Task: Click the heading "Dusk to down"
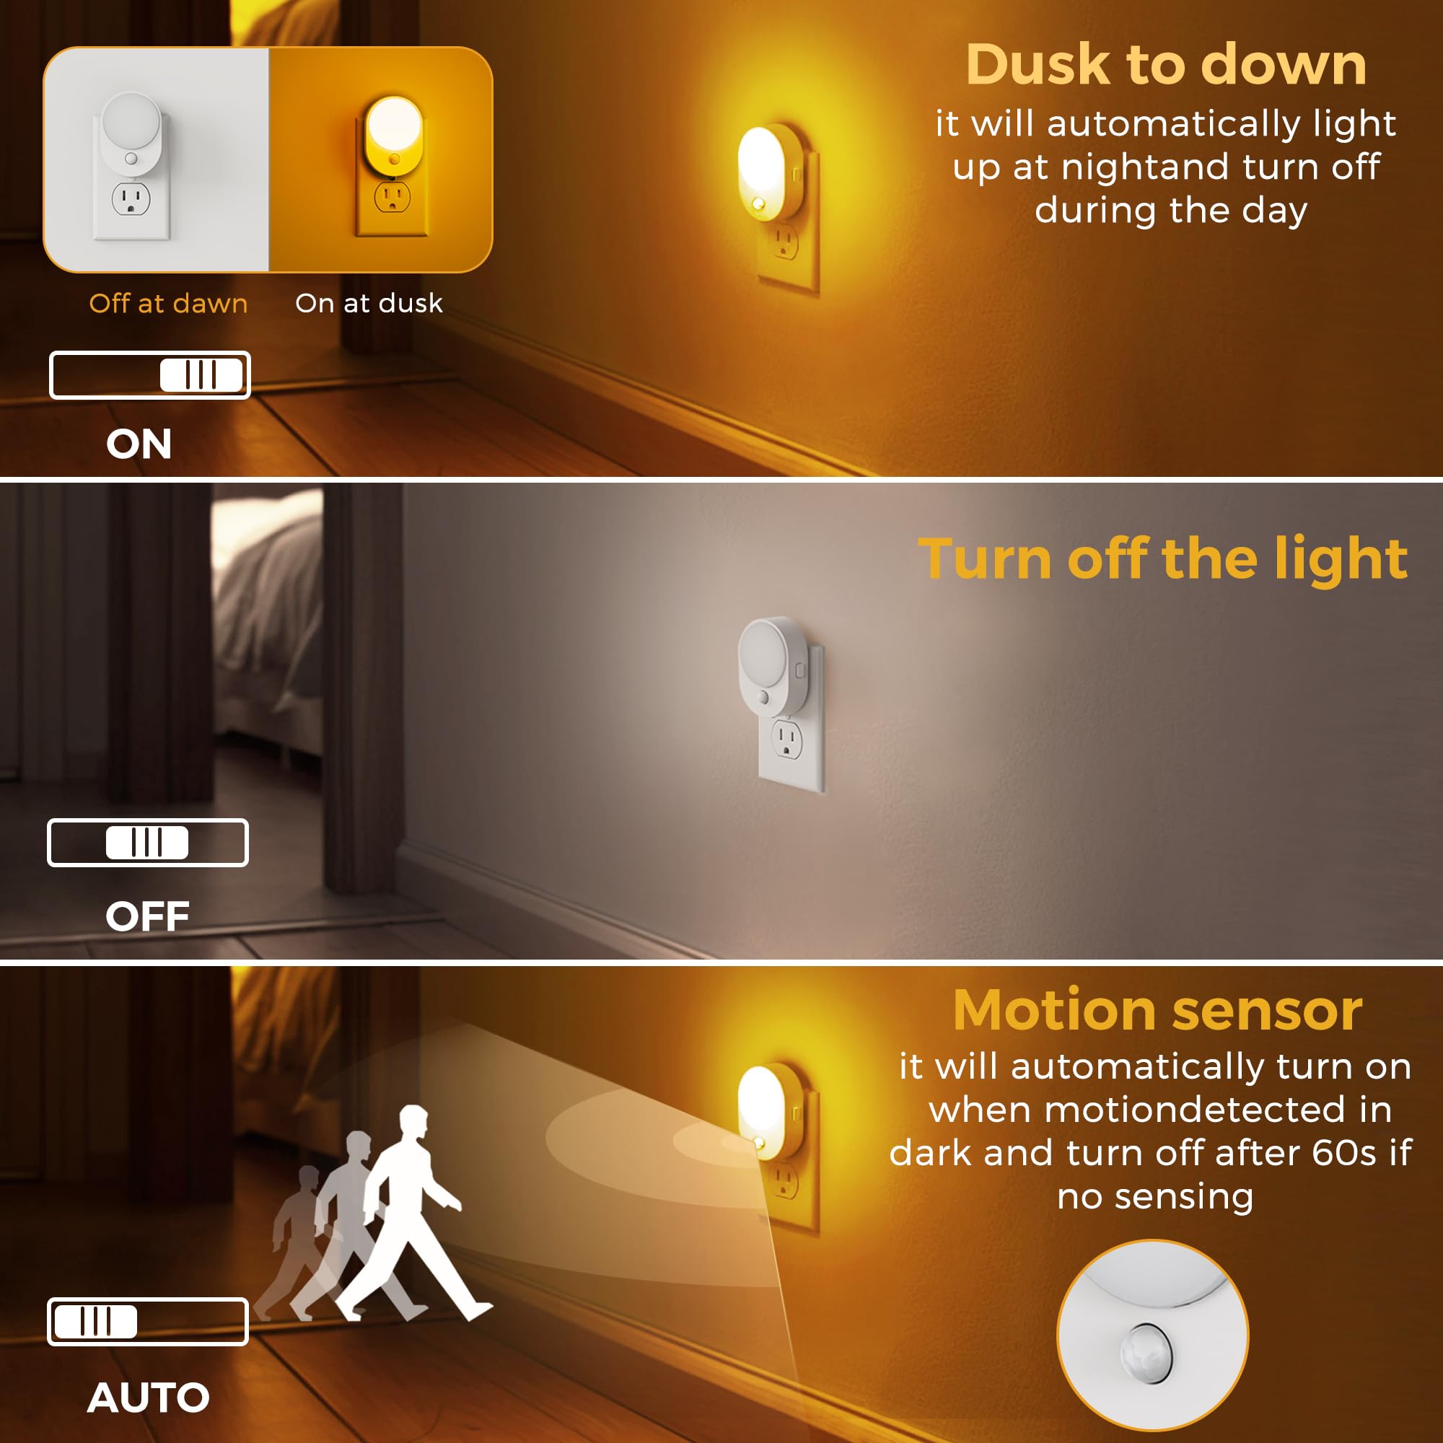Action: [1166, 65]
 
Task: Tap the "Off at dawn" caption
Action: [168, 303]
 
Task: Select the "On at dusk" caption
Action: [369, 303]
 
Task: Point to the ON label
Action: [139, 444]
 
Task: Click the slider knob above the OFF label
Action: [147, 843]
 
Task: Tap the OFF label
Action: [147, 916]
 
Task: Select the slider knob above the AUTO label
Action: [97, 1321]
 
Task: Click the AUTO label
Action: [148, 1398]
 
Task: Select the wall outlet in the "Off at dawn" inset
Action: [131, 199]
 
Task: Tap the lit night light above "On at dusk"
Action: [394, 131]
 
